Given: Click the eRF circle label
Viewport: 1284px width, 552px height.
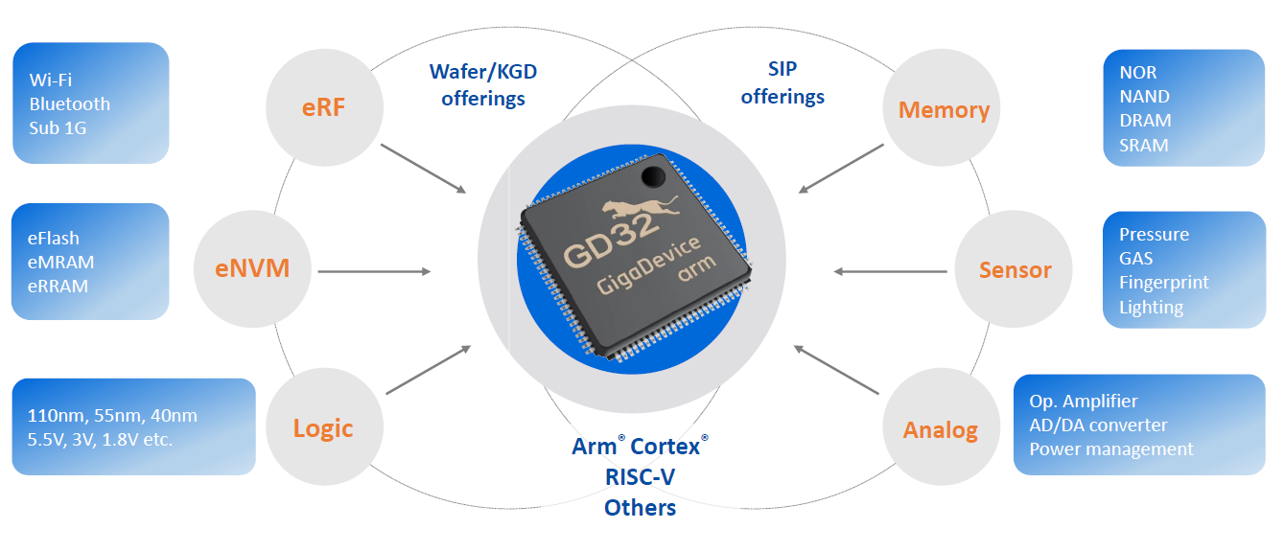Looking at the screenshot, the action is [x=323, y=107].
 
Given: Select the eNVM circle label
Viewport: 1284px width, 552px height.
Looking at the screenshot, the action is [x=252, y=268].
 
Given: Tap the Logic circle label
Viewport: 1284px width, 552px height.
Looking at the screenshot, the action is [x=323, y=428].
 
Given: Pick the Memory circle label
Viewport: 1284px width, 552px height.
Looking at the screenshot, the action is [x=944, y=110].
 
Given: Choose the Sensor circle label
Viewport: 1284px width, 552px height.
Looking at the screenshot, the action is [x=1016, y=269].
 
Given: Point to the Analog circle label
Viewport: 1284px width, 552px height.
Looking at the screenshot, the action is [x=940, y=430].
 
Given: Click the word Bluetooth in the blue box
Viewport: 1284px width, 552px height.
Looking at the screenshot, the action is [x=69, y=103].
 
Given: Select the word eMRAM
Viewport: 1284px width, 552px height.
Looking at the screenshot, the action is [x=60, y=262].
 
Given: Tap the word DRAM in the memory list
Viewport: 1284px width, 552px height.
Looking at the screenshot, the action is [x=1145, y=120].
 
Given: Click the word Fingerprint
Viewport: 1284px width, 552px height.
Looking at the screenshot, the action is [x=1163, y=283].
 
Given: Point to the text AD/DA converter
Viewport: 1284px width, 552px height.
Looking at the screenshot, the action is [x=1098, y=425].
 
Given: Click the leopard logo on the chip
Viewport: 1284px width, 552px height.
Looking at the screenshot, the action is [x=640, y=207].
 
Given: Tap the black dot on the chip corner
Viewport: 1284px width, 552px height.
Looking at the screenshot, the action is [x=653, y=176].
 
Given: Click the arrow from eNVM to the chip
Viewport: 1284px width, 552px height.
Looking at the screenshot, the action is [x=374, y=271].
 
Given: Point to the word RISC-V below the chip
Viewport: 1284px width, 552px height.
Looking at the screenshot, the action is [x=641, y=477].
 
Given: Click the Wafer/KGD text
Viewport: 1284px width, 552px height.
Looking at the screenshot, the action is [x=483, y=72].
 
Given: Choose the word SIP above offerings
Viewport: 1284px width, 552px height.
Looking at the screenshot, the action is [x=782, y=69].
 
